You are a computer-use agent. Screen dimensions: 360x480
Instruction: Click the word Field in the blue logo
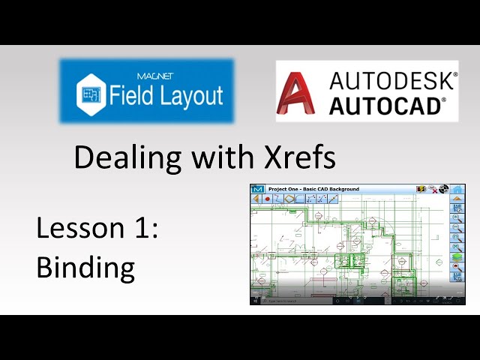(x=131, y=95)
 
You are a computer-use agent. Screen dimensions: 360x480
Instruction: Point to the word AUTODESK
(x=393, y=80)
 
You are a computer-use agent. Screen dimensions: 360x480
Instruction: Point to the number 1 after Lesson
(x=146, y=228)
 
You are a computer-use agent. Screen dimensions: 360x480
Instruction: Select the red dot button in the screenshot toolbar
(x=267, y=199)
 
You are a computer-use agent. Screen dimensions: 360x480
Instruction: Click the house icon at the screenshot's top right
(x=457, y=189)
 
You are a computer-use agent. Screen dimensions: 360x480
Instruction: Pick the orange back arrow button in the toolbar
(x=256, y=199)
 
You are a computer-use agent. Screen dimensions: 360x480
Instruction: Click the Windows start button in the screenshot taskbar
(x=254, y=301)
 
